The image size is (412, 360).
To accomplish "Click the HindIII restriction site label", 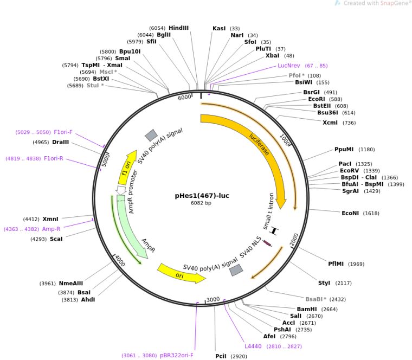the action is click(x=178, y=28).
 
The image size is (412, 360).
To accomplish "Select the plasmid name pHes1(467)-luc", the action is click(x=202, y=196).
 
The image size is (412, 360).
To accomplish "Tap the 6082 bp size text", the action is click(x=201, y=203).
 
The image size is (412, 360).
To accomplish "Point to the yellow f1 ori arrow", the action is click(x=127, y=168).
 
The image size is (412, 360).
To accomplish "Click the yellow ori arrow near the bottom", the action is click(x=181, y=274).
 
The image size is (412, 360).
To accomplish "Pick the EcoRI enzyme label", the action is click(x=317, y=99).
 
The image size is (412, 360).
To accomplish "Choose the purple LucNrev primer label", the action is click(x=289, y=66).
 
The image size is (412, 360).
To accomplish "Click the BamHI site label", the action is click(x=307, y=309).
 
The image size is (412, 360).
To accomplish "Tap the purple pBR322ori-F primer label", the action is click(x=177, y=355).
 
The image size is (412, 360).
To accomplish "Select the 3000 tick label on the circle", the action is click(x=213, y=300).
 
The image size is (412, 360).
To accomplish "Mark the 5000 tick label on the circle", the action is click(x=105, y=160).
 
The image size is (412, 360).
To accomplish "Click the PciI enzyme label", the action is click(x=221, y=356).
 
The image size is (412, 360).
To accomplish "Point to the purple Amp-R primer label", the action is click(x=51, y=229).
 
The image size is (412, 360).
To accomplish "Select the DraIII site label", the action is click(x=60, y=142).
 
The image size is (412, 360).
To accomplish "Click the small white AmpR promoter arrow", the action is click(x=121, y=190).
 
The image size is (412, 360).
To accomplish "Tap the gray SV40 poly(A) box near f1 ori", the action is click(x=151, y=135).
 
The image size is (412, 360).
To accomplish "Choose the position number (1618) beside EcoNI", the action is click(x=371, y=213).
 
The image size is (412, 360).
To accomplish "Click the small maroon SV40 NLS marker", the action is click(x=267, y=243).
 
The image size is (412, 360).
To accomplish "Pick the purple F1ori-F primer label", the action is click(x=63, y=132).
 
